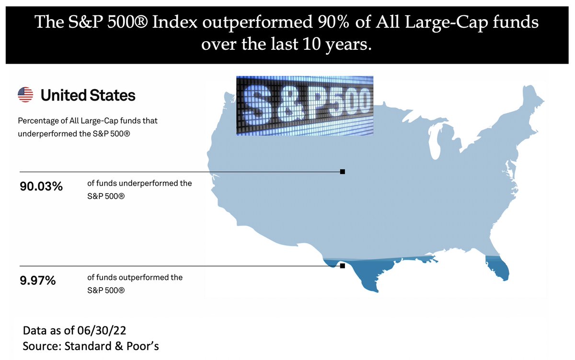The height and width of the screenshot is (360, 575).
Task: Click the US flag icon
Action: [x=25, y=95]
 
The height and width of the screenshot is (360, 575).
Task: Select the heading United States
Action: [x=88, y=95]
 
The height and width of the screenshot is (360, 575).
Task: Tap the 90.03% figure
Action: [x=41, y=186]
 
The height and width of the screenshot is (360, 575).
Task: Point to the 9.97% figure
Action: [x=38, y=281]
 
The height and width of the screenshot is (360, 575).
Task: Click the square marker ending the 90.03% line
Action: [x=342, y=172]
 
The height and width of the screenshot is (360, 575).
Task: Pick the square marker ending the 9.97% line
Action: [x=342, y=266]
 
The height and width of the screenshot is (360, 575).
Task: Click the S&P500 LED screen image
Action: [x=304, y=105]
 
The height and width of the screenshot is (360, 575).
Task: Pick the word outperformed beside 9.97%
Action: [x=142, y=277]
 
